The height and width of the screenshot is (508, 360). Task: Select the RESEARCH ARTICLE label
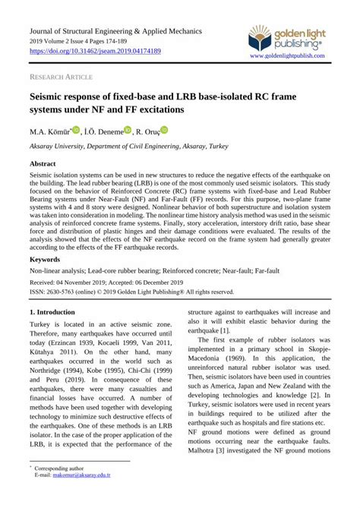pyautogui.click(x=60, y=77)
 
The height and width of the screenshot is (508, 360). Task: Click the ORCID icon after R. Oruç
pyautogui.click(x=164, y=131)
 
